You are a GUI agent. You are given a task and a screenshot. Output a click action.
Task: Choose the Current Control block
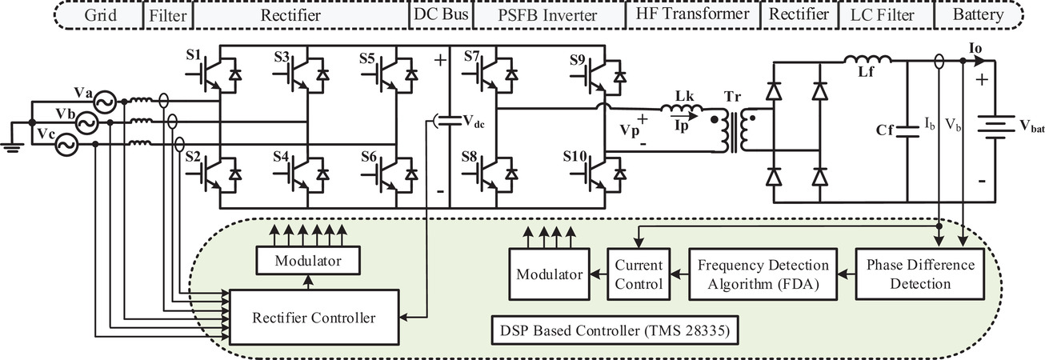[x=639, y=274]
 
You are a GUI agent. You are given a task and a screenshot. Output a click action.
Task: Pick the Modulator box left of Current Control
[x=549, y=274]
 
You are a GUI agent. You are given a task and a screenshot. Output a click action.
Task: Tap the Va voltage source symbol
[x=104, y=102]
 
